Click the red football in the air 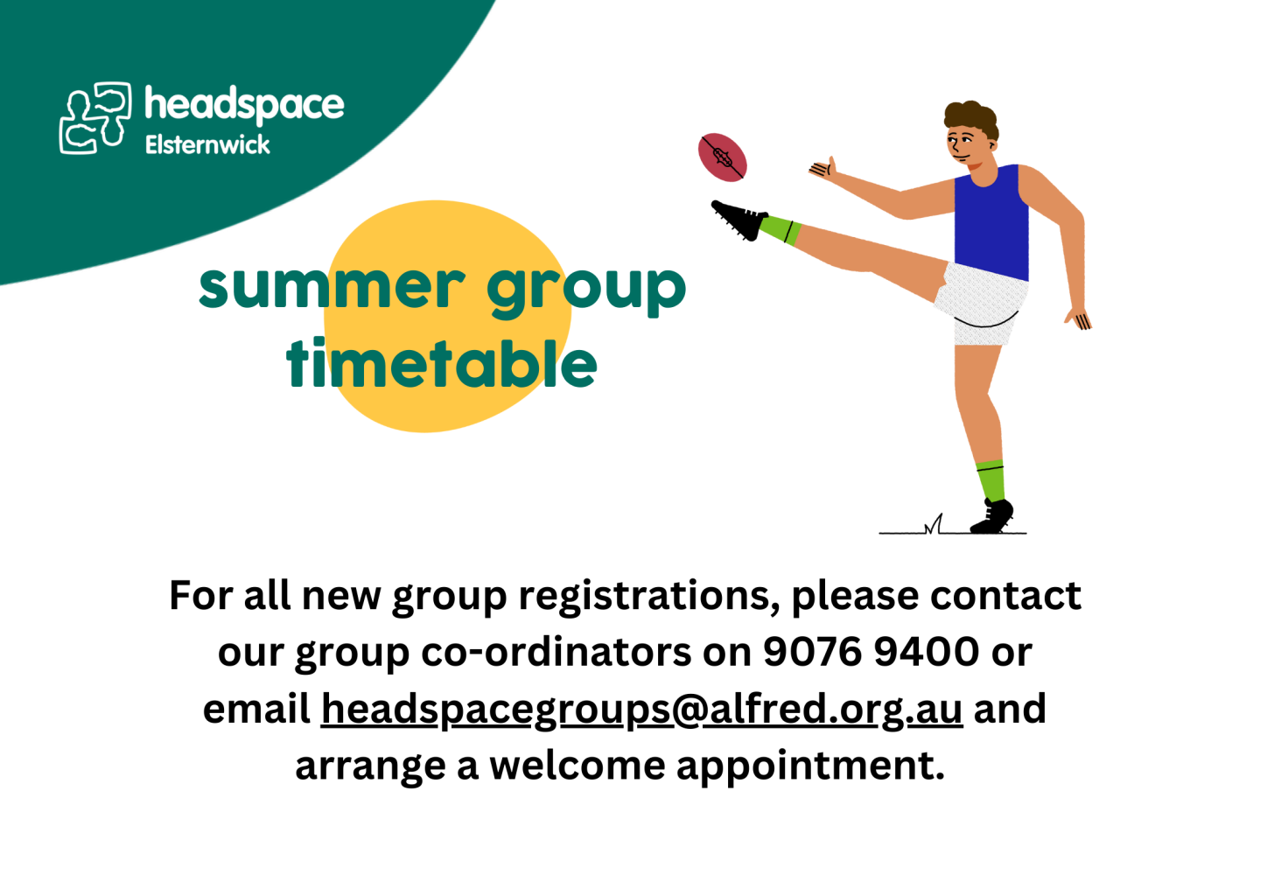(722, 157)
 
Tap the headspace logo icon (95, 117)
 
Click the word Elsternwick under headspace (207, 144)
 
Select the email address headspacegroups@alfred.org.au (642, 710)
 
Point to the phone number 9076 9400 (871, 652)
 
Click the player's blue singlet (991, 222)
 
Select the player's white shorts (982, 304)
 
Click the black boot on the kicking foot (739, 220)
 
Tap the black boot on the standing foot (991, 516)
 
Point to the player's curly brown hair (971, 118)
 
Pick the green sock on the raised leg (780, 229)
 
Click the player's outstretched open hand (823, 169)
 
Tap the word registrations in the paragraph (649, 597)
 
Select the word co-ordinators (556, 652)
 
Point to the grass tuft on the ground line (934, 524)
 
